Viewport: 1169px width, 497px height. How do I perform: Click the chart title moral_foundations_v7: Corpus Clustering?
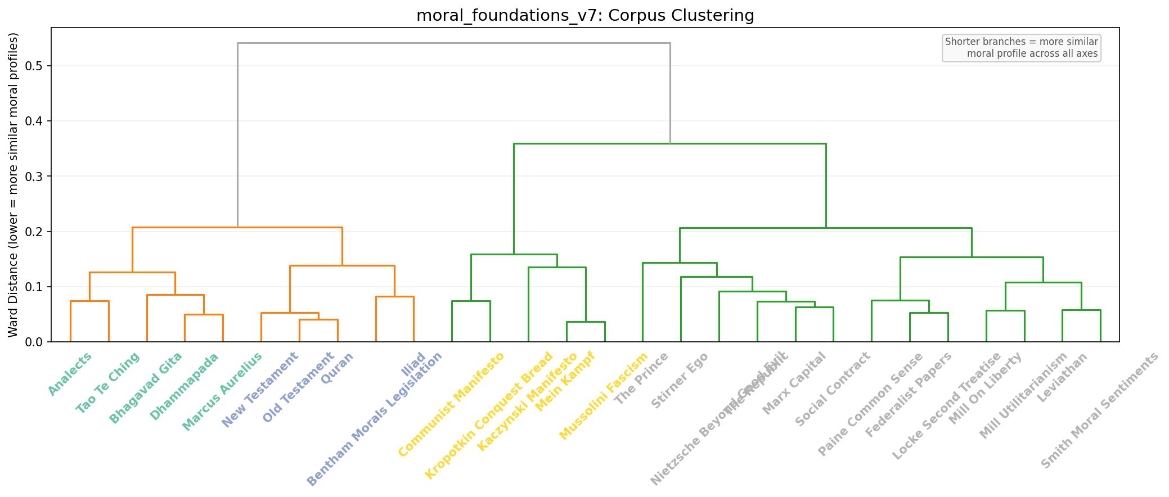click(x=585, y=15)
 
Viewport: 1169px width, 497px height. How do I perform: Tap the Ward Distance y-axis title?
click(x=14, y=185)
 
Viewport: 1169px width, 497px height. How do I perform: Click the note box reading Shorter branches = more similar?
click(x=1021, y=48)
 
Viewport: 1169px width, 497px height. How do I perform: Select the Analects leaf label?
click(x=70, y=374)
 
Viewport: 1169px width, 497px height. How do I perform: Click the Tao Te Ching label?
click(x=107, y=383)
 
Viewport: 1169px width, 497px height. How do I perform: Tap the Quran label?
click(x=337, y=368)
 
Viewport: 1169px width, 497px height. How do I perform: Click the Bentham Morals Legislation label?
click(x=374, y=419)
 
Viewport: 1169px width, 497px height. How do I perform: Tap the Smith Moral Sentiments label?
click(x=1100, y=410)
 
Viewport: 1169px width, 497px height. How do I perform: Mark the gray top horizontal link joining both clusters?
click(x=453, y=43)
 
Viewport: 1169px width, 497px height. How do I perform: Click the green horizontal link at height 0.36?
click(x=669, y=144)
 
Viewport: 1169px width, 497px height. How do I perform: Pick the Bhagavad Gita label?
click(x=146, y=388)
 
